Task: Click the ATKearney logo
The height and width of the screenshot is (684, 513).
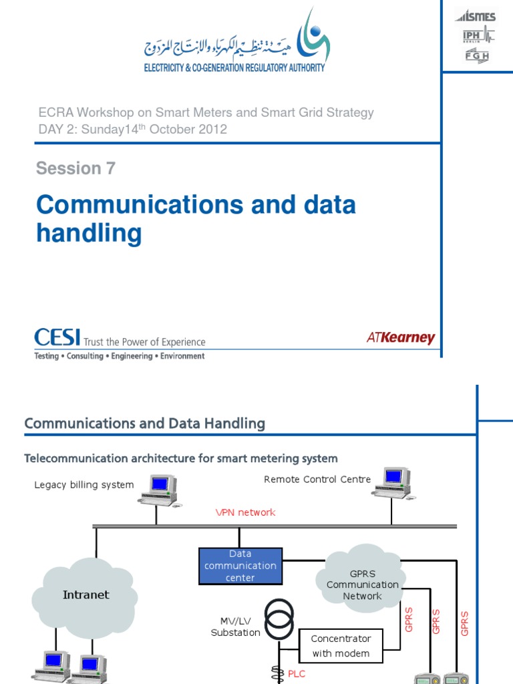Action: pyautogui.click(x=401, y=338)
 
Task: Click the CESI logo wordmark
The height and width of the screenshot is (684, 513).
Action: pyautogui.click(x=57, y=338)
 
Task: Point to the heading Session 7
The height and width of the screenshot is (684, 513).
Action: pyautogui.click(x=75, y=168)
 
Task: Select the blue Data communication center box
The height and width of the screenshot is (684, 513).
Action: pyautogui.click(x=240, y=566)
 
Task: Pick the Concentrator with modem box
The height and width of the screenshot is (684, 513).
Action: pyautogui.click(x=341, y=646)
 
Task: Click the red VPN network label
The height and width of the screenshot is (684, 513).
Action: pyautogui.click(x=245, y=512)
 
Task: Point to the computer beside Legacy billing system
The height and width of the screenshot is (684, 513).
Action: pyautogui.click(x=158, y=489)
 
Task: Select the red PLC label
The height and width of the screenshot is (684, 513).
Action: pyautogui.click(x=296, y=674)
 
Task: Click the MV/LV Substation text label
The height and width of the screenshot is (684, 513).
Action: pyautogui.click(x=235, y=627)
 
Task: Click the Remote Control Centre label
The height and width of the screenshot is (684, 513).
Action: pyautogui.click(x=317, y=479)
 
